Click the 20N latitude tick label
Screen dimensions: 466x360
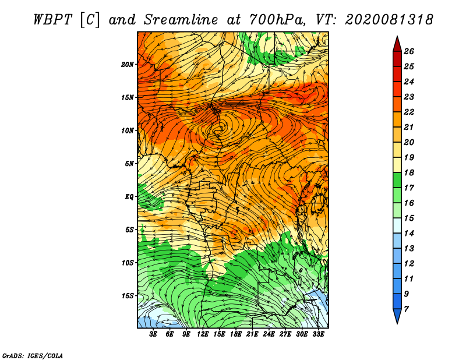click(128, 65)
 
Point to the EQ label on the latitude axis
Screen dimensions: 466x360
click(129, 197)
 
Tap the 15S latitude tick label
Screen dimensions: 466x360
click(128, 296)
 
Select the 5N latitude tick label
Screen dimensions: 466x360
click(129, 164)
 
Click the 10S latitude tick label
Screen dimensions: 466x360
click(128, 263)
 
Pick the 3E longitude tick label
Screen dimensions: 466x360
click(153, 334)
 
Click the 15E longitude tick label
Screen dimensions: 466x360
click(219, 334)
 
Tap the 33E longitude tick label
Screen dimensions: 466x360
click(318, 334)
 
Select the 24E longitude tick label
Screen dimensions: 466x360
click(269, 334)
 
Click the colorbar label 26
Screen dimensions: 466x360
click(409, 51)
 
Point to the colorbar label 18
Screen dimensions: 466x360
click(409, 172)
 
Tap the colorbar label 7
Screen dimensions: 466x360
click(407, 309)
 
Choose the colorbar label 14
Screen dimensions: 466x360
click(409, 234)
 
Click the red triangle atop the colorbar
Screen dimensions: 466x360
click(397, 44)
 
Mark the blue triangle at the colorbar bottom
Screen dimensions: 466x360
click(397, 316)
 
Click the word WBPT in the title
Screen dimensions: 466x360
click(52, 20)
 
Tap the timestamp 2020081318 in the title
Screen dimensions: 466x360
click(389, 20)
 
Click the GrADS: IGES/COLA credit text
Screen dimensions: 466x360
click(33, 356)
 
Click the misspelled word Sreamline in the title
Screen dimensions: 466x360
click(181, 20)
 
